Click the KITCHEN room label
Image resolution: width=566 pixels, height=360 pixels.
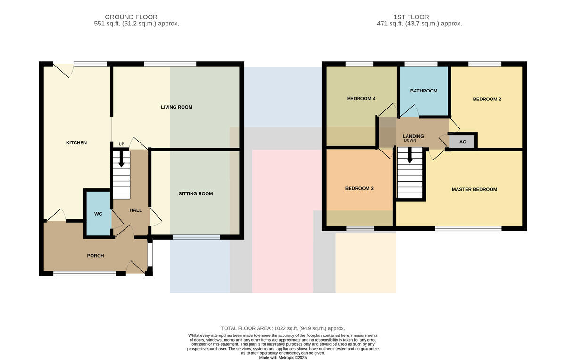click(x=76, y=143)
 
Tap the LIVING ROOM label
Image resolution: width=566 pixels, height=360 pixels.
click(x=176, y=107)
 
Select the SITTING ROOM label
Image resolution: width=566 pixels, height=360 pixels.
click(x=196, y=193)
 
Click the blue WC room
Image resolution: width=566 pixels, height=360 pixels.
click(x=98, y=214)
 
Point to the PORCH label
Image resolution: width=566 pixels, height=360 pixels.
click(x=95, y=256)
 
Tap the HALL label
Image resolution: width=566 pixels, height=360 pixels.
click(x=136, y=210)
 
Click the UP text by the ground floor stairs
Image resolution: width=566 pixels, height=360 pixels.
click(x=122, y=144)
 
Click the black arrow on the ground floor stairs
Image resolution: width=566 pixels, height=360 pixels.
click(x=121, y=159)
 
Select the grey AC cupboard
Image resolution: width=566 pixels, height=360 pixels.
click(x=462, y=142)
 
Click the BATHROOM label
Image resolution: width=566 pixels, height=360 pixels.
click(x=424, y=91)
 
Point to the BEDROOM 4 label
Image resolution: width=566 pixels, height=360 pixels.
click(x=361, y=99)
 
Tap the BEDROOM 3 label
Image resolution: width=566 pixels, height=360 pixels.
click(x=359, y=189)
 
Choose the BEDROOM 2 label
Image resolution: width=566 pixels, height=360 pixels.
click(x=487, y=100)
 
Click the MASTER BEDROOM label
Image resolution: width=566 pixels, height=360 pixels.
click(x=474, y=189)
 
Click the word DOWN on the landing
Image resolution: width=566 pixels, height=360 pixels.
click(x=410, y=140)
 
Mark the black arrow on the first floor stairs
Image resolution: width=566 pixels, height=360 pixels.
click(x=410, y=155)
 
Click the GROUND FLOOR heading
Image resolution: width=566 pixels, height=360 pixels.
click(x=131, y=17)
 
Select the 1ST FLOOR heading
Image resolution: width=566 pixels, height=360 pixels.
click(x=411, y=17)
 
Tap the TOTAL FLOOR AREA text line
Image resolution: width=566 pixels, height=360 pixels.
click(x=283, y=328)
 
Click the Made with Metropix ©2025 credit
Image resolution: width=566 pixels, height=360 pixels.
click(x=283, y=358)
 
